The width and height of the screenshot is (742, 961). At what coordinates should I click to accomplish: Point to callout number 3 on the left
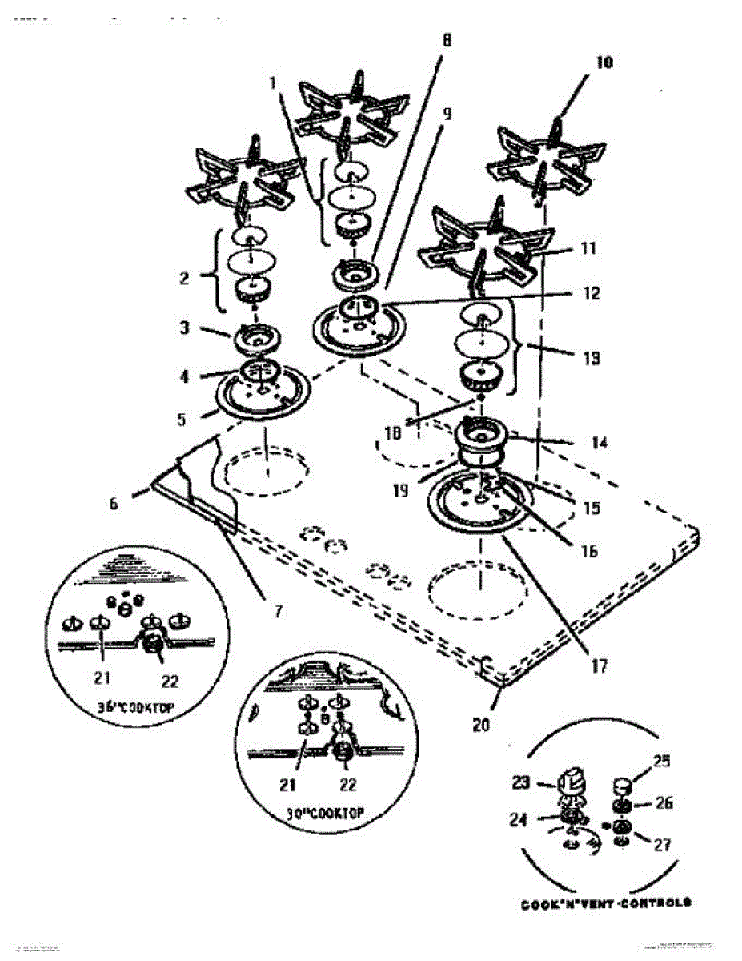(183, 328)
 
